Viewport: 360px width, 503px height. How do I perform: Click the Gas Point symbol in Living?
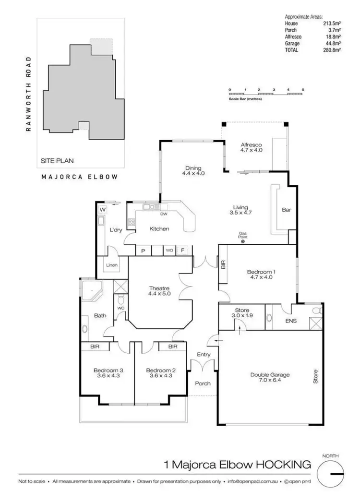(243, 241)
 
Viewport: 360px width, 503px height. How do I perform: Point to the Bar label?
(287, 210)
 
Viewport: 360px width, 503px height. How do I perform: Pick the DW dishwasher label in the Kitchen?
(163, 214)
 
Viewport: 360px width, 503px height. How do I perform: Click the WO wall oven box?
(169, 251)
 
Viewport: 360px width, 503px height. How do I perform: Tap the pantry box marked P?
(143, 251)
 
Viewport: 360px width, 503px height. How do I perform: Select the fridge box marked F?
(183, 251)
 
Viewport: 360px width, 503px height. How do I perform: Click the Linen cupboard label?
(112, 264)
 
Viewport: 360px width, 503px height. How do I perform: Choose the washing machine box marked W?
(102, 210)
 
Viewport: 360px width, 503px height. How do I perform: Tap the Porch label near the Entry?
(203, 383)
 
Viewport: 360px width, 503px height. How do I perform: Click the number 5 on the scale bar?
(303, 90)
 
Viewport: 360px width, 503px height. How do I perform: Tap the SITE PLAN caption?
(57, 161)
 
